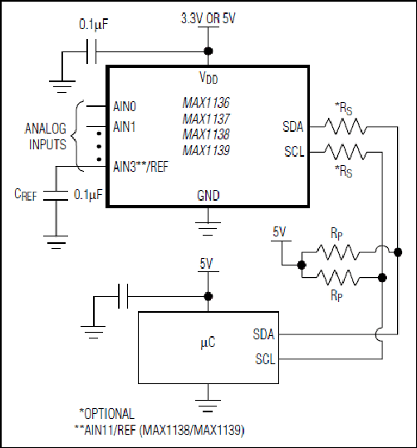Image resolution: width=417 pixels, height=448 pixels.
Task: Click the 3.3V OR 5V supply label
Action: click(208, 18)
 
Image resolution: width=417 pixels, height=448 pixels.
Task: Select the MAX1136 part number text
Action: click(206, 103)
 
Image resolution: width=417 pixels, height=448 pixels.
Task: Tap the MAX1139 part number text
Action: click(206, 150)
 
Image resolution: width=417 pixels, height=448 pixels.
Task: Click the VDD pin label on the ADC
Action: click(208, 77)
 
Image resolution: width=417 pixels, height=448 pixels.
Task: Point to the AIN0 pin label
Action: click(125, 106)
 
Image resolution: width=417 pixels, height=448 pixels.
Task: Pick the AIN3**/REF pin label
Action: click(141, 167)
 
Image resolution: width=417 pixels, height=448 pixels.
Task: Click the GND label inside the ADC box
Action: click(208, 196)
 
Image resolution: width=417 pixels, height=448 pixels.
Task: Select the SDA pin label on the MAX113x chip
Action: click(293, 127)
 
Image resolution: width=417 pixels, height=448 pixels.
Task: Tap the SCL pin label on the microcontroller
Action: click(265, 359)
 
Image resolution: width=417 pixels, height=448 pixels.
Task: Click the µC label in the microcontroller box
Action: click(208, 342)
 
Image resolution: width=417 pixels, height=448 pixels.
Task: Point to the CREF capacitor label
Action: click(26, 195)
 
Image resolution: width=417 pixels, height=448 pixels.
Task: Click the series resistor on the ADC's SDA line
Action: click(346, 127)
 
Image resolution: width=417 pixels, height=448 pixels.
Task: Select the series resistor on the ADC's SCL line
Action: click(346, 152)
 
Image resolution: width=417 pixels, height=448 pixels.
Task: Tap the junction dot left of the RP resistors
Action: click(302, 265)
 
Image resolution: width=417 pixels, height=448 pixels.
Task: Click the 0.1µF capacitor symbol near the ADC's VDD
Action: click(91, 51)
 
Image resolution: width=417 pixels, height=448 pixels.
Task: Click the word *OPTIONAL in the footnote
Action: click(106, 414)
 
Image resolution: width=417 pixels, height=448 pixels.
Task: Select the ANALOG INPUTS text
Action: click(46, 136)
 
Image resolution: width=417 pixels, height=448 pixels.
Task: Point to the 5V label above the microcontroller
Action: click(206, 264)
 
